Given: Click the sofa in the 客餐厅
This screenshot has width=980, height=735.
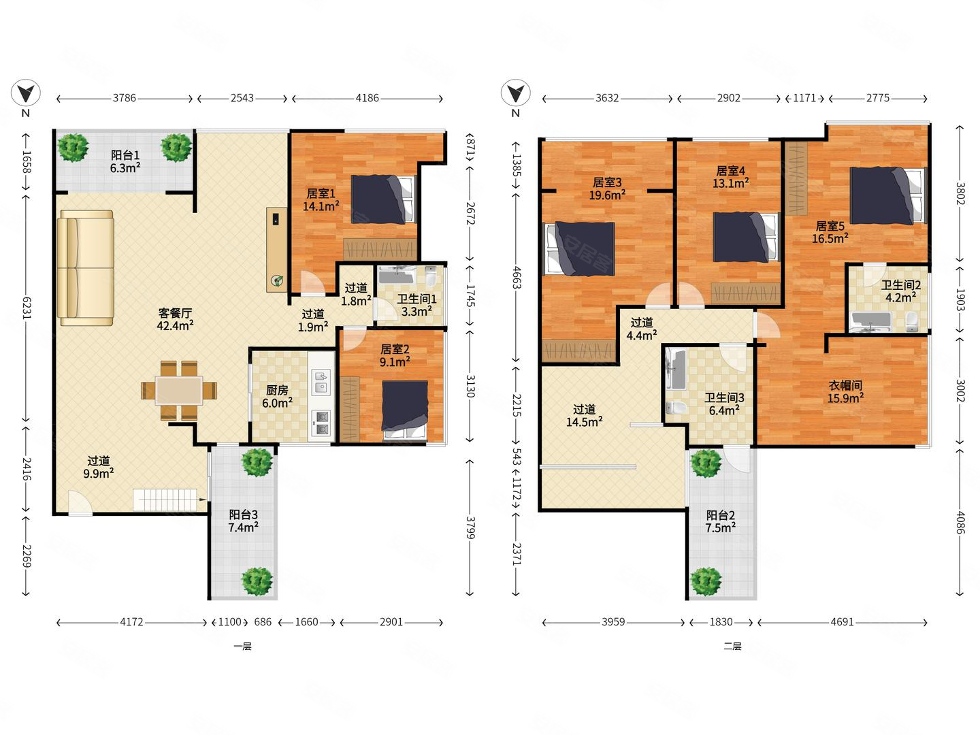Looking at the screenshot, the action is [85, 267].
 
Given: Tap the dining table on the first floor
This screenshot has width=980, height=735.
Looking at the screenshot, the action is [179, 391].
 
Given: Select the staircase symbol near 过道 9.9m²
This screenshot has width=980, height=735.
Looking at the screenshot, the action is [165, 500].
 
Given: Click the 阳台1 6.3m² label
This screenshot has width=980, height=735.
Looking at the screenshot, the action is [125, 161].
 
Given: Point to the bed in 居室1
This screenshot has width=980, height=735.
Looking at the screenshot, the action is [383, 199].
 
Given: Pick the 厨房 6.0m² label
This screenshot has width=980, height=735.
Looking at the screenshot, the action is [277, 397].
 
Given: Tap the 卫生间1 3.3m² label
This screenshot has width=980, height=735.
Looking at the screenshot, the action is [416, 306].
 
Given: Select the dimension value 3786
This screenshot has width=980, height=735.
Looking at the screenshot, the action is [124, 98].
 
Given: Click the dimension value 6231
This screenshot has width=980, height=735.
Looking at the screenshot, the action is [27, 308].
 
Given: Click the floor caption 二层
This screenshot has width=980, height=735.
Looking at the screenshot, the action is [732, 647].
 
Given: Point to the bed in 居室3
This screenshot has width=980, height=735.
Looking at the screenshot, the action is [578, 248].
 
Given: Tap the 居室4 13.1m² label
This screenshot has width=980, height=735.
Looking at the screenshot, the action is [730, 177].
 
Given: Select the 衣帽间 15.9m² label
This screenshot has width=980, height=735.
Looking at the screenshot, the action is [845, 392].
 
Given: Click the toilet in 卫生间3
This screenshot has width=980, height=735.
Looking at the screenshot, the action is [676, 408].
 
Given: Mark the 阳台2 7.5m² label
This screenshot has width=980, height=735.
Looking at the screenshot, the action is [721, 522].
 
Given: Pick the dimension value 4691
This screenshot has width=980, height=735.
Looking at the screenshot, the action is [842, 622].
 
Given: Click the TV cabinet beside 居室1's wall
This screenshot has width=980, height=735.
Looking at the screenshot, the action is [277, 250].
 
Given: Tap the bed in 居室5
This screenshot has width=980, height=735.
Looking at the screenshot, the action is [887, 195].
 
